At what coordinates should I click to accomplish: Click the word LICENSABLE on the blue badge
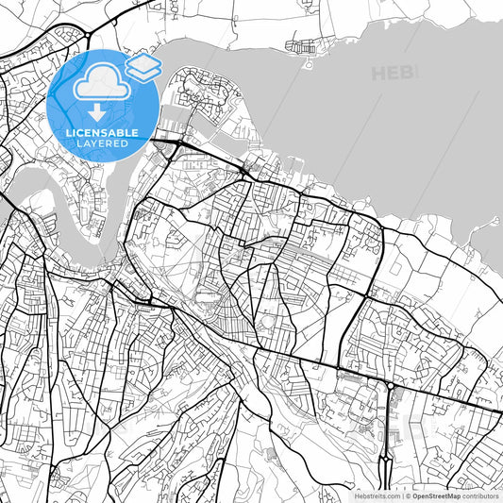coord(102,133)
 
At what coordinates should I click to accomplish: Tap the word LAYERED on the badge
coord(102,143)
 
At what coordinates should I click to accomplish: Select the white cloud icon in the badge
coord(101,83)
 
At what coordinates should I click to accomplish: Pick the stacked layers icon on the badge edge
coord(143,66)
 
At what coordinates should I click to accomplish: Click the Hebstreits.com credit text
coord(376,495)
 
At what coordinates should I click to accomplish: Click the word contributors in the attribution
coord(479,495)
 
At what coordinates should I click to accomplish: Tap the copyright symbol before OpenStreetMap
coord(407,495)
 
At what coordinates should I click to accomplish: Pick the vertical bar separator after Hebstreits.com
coord(400,495)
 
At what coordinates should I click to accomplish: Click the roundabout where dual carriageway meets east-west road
coord(391,385)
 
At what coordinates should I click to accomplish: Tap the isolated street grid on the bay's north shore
coord(308,45)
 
